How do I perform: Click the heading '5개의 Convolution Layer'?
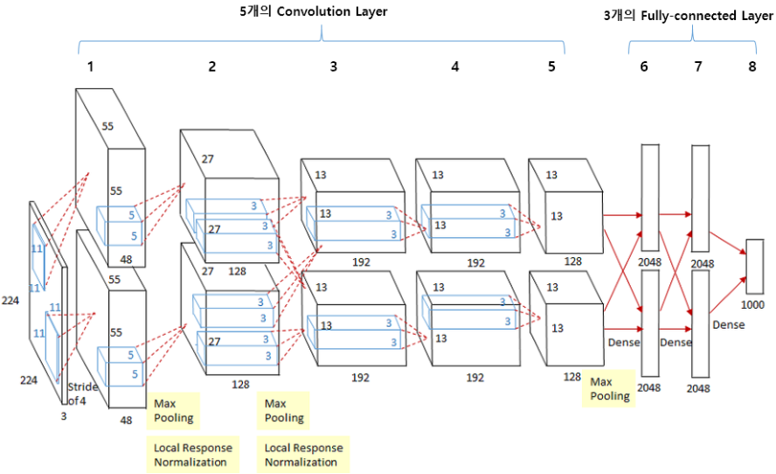[x=314, y=12]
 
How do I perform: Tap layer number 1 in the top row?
[x=90, y=66]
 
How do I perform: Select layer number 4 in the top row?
[x=454, y=66]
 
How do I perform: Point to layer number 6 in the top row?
[x=644, y=66]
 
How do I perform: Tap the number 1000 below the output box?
[x=754, y=305]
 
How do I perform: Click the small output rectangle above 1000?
[x=755, y=266]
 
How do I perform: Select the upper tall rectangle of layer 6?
[x=650, y=197]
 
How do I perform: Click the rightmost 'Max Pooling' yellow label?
[x=610, y=388]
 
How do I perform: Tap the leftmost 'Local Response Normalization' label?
[x=191, y=455]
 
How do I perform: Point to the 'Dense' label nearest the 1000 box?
[x=729, y=324]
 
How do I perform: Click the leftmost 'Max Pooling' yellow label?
[x=173, y=410]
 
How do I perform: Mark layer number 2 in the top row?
[x=211, y=66]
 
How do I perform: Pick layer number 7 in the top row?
[x=697, y=66]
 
